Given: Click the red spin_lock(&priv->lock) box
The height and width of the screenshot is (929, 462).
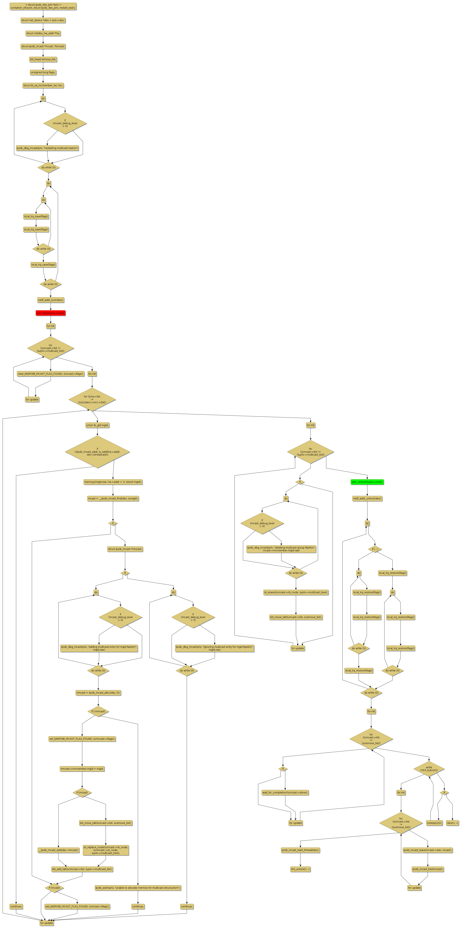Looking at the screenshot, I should pyautogui.click(x=50, y=313).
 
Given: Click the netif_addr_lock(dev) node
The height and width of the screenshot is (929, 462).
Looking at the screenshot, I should pyautogui.click(x=50, y=300).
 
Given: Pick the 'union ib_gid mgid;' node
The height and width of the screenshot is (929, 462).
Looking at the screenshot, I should pyautogui.click(x=97, y=425).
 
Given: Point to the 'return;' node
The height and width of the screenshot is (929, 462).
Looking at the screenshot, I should pyautogui.click(x=452, y=823).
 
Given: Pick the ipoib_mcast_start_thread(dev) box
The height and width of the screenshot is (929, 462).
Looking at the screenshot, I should pyautogui.click(x=300, y=850).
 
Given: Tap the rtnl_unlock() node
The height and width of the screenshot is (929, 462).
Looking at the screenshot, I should pyautogui.click(x=300, y=869).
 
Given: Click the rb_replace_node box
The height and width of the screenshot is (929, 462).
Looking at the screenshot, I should pyautogui.click(x=105, y=850).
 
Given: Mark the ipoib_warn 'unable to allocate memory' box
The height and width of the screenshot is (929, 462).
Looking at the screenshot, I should pyautogui.click(x=138, y=888).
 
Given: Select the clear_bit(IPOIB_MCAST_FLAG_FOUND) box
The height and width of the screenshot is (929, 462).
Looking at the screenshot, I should pyautogui.click(x=50, y=374).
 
